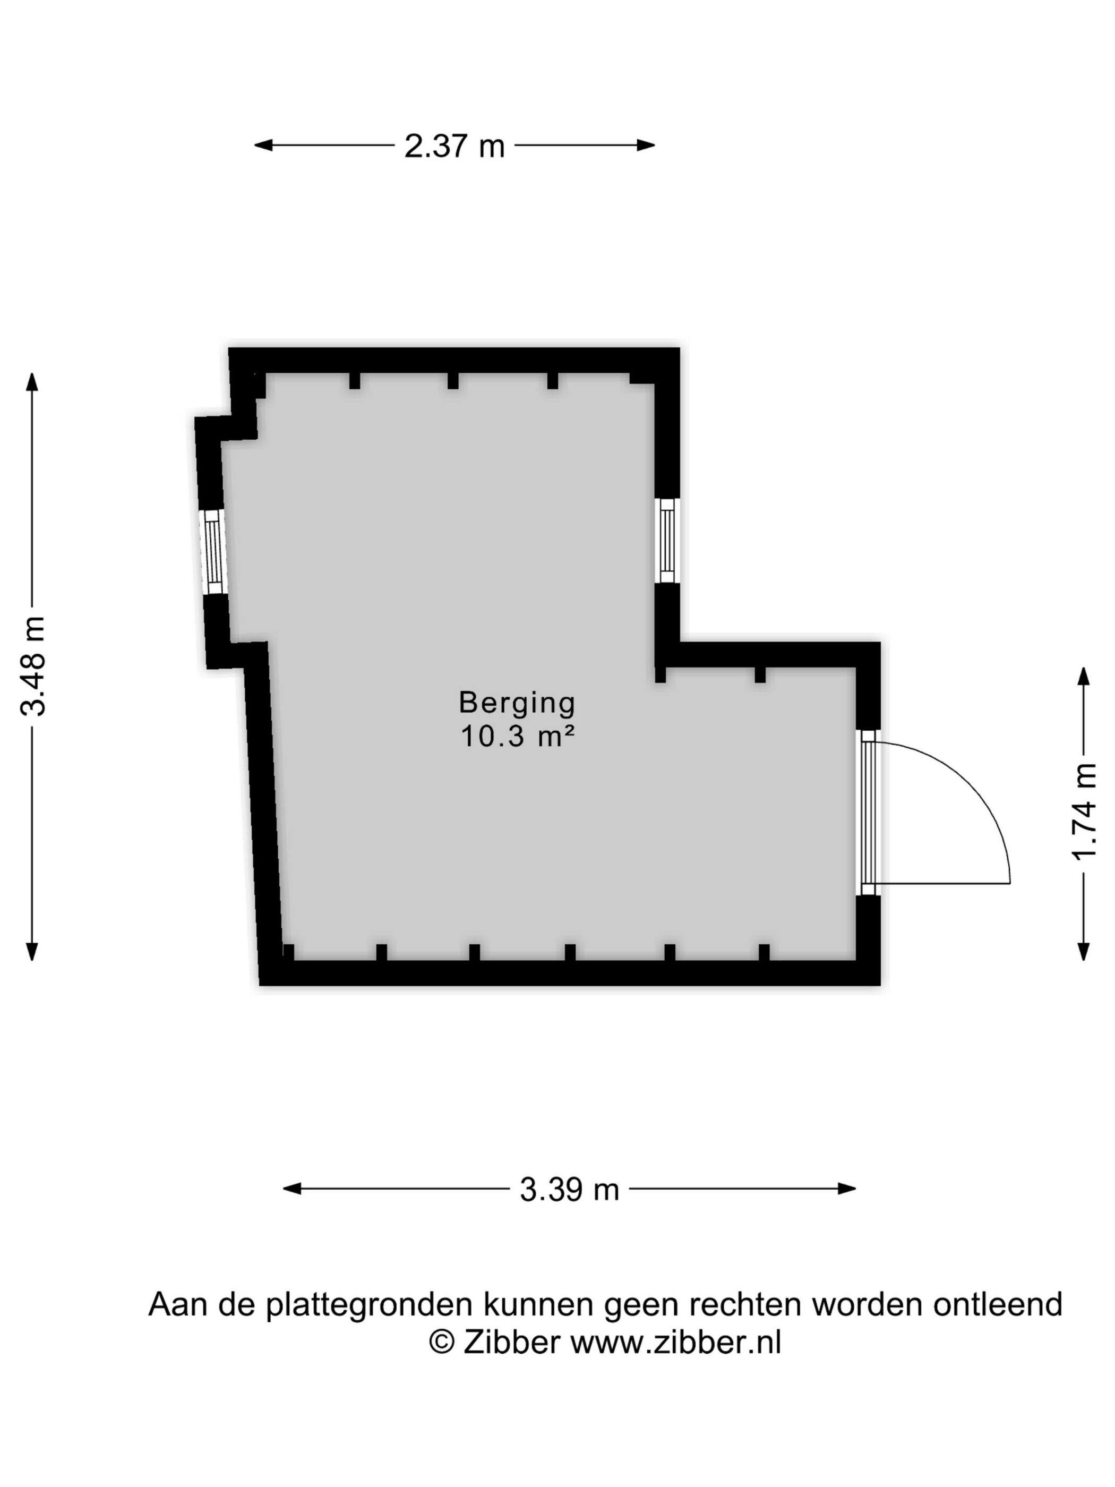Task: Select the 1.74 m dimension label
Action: pyautogui.click(x=1084, y=812)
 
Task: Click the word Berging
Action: pyautogui.click(x=517, y=703)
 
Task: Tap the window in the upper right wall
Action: pyautogui.click(x=667, y=541)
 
